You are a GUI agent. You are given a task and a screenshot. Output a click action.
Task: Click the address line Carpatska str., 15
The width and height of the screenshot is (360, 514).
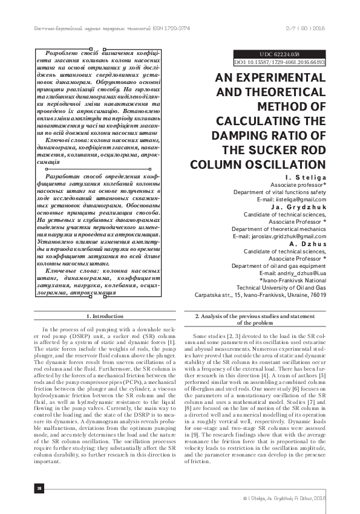[x=260, y=295]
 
